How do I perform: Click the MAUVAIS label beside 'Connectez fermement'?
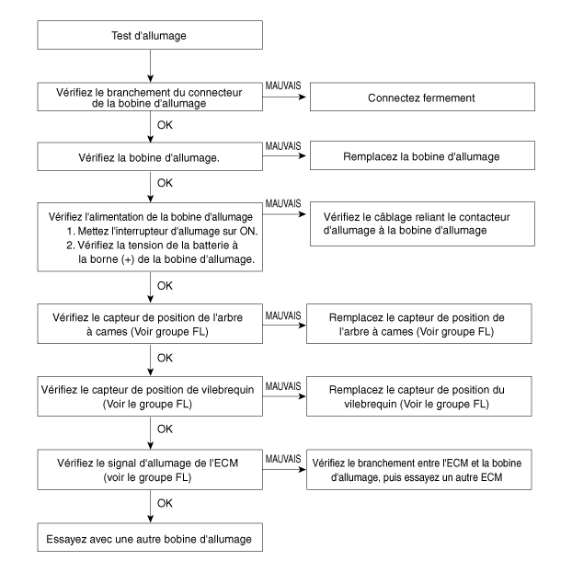pyautogui.click(x=283, y=86)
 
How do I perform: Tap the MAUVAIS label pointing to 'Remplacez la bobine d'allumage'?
pyautogui.click(x=283, y=146)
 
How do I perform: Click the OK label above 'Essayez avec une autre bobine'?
pyautogui.click(x=165, y=503)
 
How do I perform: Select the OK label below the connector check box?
pyautogui.click(x=165, y=125)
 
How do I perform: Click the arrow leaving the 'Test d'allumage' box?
pyautogui.click(x=150, y=65)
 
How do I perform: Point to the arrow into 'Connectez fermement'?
pyautogui.click(x=284, y=97)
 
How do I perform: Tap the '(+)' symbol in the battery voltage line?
pyautogui.click(x=128, y=259)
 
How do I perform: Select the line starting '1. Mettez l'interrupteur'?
pyautogui.click(x=162, y=231)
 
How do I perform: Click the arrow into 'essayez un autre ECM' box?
pyautogui.click(x=284, y=470)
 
